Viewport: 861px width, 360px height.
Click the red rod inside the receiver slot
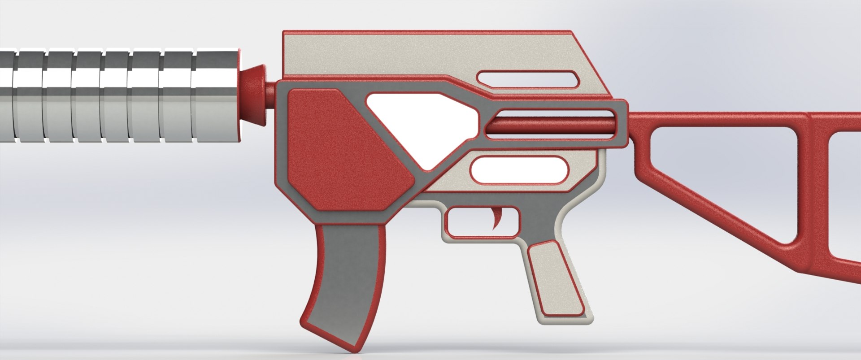coord(552,124)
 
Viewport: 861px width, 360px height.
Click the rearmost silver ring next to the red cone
coord(216,96)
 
